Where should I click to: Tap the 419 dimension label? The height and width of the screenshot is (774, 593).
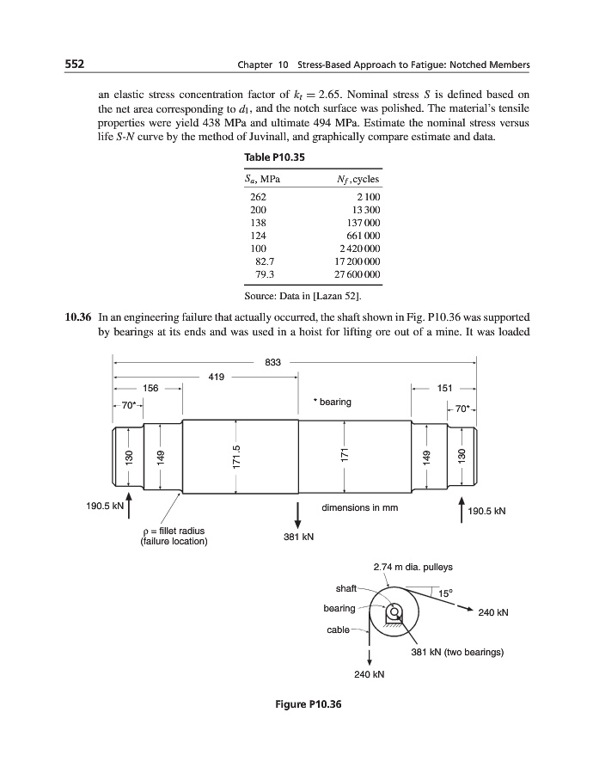click(217, 376)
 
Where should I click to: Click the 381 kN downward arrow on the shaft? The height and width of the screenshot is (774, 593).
click(297, 514)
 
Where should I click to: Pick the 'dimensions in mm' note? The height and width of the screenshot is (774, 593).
click(360, 507)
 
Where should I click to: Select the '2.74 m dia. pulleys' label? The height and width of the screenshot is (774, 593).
click(413, 568)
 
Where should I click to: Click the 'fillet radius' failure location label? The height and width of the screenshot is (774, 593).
click(173, 537)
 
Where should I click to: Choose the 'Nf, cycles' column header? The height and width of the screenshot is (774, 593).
click(359, 179)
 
